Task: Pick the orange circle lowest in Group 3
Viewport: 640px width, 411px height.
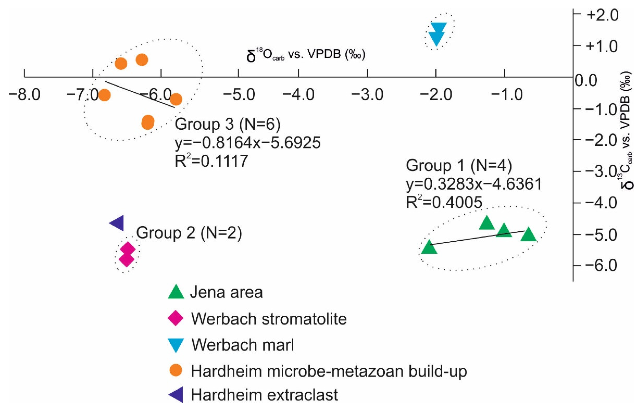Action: point(148,122)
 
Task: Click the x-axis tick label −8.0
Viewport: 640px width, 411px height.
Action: point(24,95)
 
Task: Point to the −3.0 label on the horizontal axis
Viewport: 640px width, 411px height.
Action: point(368,95)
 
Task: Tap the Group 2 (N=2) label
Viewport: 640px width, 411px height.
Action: point(189,233)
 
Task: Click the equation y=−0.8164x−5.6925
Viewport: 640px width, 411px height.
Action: point(248,143)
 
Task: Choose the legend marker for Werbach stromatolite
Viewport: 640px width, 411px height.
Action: point(176,318)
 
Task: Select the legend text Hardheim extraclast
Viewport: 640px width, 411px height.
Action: point(264,395)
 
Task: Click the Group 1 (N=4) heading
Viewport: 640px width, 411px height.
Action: point(459,166)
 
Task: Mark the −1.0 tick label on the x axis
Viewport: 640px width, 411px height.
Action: point(504,95)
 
